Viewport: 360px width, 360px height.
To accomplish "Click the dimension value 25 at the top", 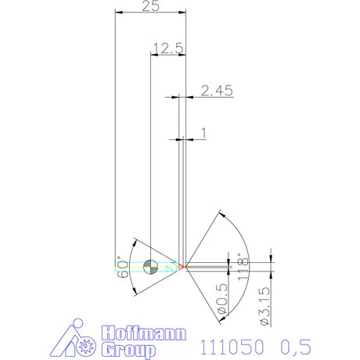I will tap(153, 6).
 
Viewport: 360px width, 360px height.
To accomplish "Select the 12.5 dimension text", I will tap(167, 49).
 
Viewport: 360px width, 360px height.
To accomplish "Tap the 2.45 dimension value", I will tap(217, 91).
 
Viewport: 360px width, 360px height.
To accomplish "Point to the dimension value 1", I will tap(204, 134).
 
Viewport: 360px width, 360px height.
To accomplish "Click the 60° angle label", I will tap(122, 268).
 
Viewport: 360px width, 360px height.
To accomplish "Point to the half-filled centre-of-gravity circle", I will tap(151, 266).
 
